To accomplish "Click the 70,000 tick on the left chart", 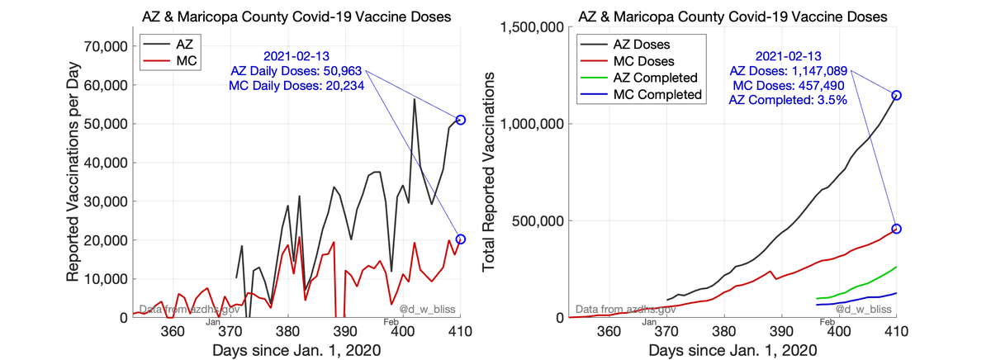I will (98, 46).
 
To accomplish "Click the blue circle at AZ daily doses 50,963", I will (461, 120).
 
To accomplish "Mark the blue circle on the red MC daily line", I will (461, 239).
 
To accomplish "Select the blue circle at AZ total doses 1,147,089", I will (896, 95).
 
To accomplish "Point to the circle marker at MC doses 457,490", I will (896, 229).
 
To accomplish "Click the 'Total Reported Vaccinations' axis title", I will (489, 172).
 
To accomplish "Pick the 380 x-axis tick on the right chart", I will (724, 332).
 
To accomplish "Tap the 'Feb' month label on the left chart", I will (392, 321).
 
